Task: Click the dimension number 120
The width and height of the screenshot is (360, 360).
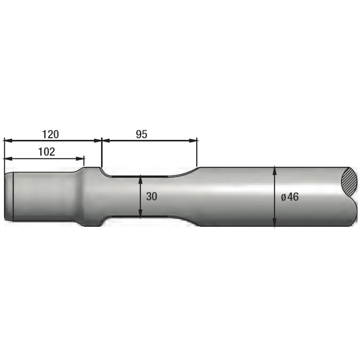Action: [x=51, y=134]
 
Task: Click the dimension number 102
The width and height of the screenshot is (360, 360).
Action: [x=46, y=152]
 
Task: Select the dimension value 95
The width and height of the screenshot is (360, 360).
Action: [x=141, y=134]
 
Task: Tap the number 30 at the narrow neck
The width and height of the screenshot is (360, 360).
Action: [x=152, y=196]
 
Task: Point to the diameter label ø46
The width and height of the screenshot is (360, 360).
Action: [x=290, y=197]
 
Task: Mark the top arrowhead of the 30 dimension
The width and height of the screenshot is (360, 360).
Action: [x=140, y=178]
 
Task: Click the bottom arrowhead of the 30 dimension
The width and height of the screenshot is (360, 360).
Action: [x=140, y=215]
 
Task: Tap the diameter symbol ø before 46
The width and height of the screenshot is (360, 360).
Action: [x=283, y=197]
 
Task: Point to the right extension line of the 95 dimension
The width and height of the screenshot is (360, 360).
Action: [x=197, y=154]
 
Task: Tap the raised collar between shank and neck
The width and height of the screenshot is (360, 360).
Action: [x=91, y=196]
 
